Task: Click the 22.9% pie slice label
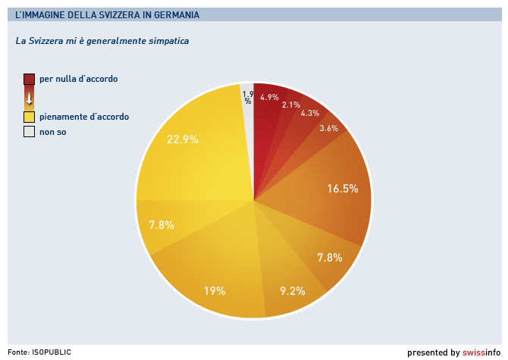click(x=182, y=139)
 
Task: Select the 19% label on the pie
click(x=215, y=290)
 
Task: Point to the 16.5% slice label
click(x=343, y=189)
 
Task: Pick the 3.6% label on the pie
click(x=329, y=128)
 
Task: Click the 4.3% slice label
click(x=309, y=113)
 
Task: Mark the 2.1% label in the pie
click(x=290, y=105)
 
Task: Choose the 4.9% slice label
click(x=269, y=97)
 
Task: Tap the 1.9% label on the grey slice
click(x=247, y=97)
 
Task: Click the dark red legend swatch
click(x=29, y=79)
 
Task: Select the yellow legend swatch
click(x=29, y=117)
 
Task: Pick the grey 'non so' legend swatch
click(x=29, y=132)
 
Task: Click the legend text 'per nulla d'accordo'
click(x=78, y=79)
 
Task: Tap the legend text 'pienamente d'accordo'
click(x=83, y=117)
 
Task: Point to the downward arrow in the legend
click(x=29, y=98)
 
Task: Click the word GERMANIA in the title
click(x=174, y=14)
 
